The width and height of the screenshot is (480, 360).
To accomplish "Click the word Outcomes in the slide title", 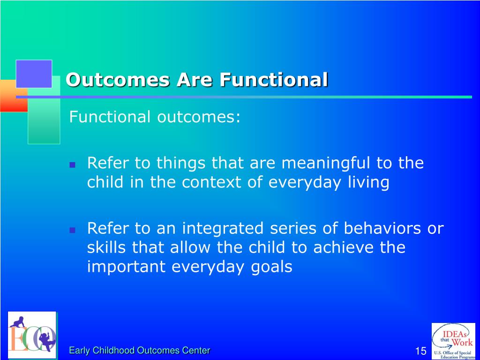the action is pyautogui.click(x=118, y=80).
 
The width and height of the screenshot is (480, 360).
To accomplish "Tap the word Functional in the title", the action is pyautogui.click(x=274, y=80).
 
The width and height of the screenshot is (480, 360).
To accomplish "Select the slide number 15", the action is pyautogui.click(x=421, y=351).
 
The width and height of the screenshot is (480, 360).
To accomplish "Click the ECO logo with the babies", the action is pyautogui.click(x=32, y=335).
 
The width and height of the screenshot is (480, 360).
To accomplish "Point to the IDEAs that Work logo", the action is pyautogui.click(x=453, y=341).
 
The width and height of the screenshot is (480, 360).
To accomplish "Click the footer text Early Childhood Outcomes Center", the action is pyautogui.click(x=140, y=350).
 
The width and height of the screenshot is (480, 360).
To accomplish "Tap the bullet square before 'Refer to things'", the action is pyautogui.click(x=73, y=165).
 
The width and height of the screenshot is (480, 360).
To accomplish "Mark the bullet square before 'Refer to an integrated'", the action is pyautogui.click(x=73, y=230).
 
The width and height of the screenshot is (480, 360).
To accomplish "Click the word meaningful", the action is pyautogui.click(x=326, y=163).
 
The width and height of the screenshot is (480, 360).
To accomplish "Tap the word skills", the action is pyautogui.click(x=106, y=247).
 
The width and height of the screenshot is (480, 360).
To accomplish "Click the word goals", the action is pyautogui.click(x=271, y=267).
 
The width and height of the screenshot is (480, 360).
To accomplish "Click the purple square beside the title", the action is pyautogui.click(x=34, y=74).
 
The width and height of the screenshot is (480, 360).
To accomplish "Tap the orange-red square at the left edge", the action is pyautogui.click(x=14, y=96).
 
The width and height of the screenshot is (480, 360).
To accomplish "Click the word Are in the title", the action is pyautogui.click(x=195, y=80).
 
